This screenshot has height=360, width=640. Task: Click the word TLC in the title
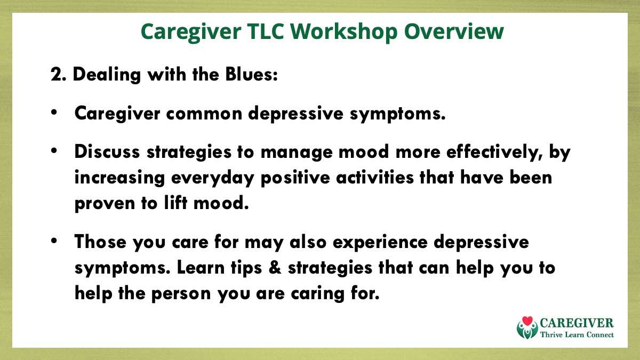coord(266,31)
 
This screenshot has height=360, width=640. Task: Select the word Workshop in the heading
coord(343,32)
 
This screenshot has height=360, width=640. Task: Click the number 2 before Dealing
coord(57,75)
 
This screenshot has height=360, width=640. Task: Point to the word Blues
coord(251,74)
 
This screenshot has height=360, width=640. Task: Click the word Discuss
coord(107,151)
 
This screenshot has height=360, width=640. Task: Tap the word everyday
coord(213,178)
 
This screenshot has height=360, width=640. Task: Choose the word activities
coord(375,178)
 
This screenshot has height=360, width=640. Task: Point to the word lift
coord(175,203)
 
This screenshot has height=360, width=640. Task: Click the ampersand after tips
coord(275,268)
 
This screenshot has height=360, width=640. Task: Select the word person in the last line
coord(181,294)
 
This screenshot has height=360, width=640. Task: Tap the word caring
coord(318,294)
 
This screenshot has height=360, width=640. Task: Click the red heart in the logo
coord(527,322)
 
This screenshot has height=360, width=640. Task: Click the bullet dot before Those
coord(54,241)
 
